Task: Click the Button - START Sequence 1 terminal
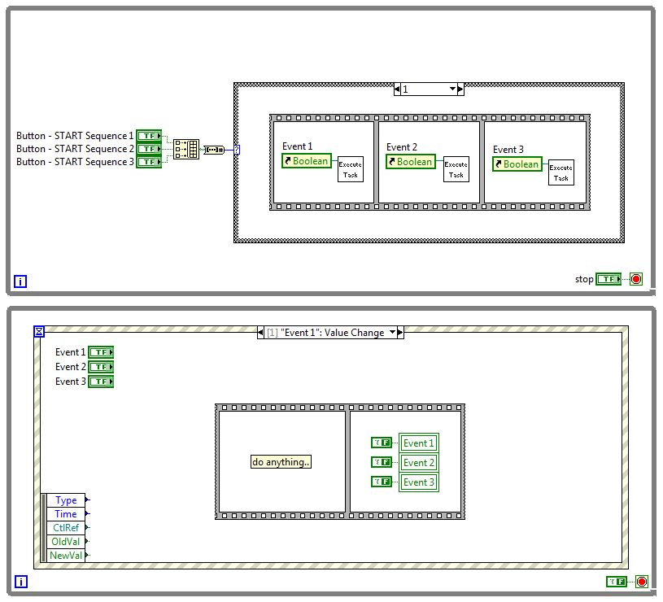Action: coord(149,136)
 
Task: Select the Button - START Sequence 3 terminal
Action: coord(149,162)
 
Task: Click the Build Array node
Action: coord(185,149)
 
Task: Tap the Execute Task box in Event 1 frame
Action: coord(351,169)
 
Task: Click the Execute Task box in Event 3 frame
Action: coord(560,172)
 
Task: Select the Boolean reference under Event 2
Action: coord(411,161)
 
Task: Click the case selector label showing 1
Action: coord(428,89)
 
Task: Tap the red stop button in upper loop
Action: coord(636,279)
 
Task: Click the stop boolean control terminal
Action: coord(608,279)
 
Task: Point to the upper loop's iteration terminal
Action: coord(20,282)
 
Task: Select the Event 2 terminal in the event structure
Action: coord(101,367)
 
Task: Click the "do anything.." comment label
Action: coord(281,462)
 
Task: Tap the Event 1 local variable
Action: coord(419,443)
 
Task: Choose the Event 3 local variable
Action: coord(419,482)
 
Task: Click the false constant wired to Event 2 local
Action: coord(382,462)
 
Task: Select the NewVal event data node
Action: coord(65,556)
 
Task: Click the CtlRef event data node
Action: coord(65,528)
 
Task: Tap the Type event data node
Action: coord(65,500)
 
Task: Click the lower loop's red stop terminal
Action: coord(642,582)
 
